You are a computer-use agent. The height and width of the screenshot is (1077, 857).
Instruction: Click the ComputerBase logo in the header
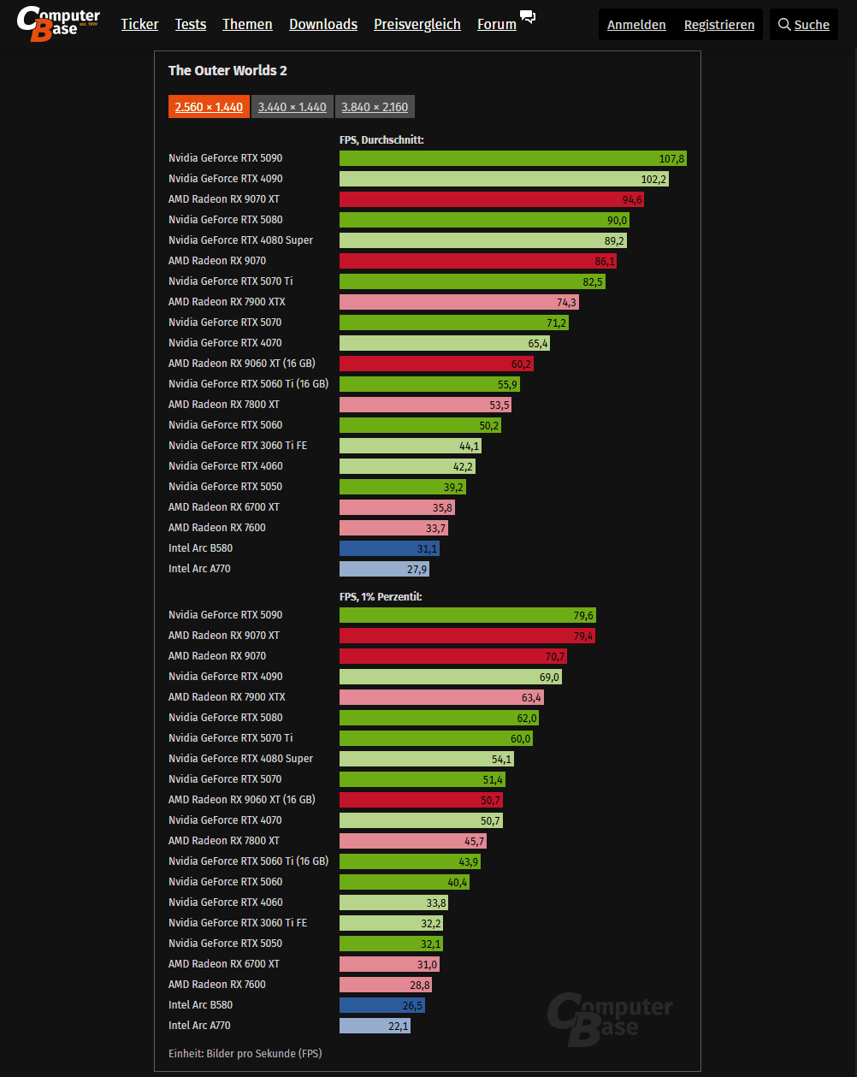click(x=58, y=24)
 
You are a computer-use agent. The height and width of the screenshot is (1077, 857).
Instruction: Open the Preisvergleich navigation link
click(x=417, y=24)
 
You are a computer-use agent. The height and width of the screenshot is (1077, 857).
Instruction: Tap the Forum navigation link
click(x=497, y=24)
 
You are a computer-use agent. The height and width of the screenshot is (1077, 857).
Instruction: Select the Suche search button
click(x=803, y=25)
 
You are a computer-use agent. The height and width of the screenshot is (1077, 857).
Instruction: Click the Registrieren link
click(x=718, y=25)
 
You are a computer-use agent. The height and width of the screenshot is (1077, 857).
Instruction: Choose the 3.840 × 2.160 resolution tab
click(x=375, y=107)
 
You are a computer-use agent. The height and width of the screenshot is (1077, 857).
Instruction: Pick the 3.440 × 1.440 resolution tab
click(x=292, y=107)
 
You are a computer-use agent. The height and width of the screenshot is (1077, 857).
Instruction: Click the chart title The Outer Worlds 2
click(x=228, y=70)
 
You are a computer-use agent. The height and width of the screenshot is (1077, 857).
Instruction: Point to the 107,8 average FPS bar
click(x=512, y=158)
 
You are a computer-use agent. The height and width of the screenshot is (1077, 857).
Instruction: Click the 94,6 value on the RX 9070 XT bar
click(x=631, y=199)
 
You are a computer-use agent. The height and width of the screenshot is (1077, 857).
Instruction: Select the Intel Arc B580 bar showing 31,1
click(x=389, y=548)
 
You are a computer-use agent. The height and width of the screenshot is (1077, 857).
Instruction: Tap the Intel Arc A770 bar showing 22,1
click(x=375, y=1026)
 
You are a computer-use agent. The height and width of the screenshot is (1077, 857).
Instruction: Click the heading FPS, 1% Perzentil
click(x=381, y=596)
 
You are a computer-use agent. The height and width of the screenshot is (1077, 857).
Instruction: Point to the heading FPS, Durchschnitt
click(x=381, y=139)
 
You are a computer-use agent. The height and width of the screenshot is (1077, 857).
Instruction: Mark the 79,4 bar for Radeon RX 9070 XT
click(x=467, y=636)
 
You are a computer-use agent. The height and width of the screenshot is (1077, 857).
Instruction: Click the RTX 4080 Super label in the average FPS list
click(x=240, y=240)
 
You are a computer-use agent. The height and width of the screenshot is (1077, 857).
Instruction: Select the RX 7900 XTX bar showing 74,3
click(x=459, y=302)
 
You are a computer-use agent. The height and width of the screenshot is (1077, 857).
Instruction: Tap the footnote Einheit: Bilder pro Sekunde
click(x=245, y=1053)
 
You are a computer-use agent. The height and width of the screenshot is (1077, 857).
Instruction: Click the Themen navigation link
click(x=247, y=24)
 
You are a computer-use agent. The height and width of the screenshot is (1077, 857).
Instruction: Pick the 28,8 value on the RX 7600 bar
click(x=419, y=985)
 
